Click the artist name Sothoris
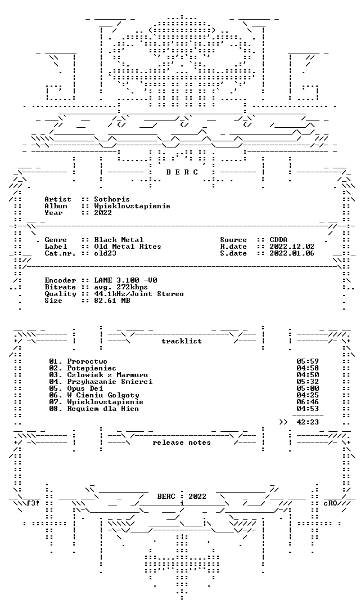click(112, 199)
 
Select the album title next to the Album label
click(132, 206)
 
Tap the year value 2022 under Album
click(103, 213)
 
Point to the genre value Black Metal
click(119, 240)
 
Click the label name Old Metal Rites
click(128, 247)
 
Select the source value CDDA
click(278, 240)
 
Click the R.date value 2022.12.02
click(292, 247)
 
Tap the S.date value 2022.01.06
click(292, 253)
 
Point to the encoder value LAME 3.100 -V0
click(125, 280)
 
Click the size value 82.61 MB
click(112, 301)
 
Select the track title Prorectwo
click(87, 362)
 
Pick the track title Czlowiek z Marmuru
click(107, 375)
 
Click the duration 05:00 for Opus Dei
click(308, 388)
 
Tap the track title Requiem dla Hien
click(103, 409)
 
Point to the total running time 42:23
click(308, 422)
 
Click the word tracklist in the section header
click(182, 341)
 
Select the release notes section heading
click(182, 443)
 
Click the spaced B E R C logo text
click(182, 172)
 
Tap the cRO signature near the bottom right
click(330, 503)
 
